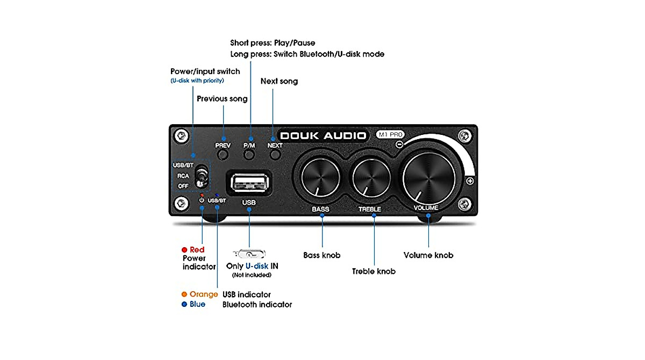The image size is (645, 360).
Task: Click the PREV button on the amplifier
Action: pos(223,155)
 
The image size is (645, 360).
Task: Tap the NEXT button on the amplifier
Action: pos(275,155)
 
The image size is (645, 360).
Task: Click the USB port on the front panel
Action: pos(249,182)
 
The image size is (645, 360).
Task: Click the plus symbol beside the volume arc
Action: pos(470,182)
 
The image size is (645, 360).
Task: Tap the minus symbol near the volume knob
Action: pos(399,145)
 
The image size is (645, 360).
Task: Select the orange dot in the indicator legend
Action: pos(184,294)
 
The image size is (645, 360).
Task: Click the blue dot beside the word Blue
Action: pos(184,305)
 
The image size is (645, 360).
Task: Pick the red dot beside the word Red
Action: pos(184,250)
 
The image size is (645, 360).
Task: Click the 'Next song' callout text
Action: pos(279,81)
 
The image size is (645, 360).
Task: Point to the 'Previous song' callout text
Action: pos(222,99)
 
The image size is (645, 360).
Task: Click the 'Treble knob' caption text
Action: pos(374,271)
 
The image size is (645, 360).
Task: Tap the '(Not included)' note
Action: pos(252,275)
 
